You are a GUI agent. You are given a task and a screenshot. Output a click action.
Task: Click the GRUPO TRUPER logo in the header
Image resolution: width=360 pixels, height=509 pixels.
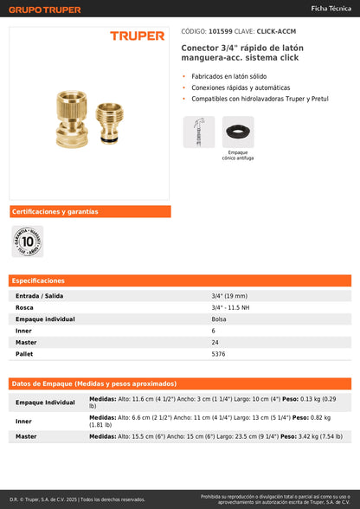[x=46, y=10]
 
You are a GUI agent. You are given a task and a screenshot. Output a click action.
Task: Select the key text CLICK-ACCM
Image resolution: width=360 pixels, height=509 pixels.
[x=276, y=30]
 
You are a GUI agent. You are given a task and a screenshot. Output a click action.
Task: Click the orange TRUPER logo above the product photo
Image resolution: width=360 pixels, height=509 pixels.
[x=137, y=36]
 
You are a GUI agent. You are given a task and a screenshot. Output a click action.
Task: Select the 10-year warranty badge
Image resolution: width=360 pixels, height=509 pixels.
[x=27, y=242]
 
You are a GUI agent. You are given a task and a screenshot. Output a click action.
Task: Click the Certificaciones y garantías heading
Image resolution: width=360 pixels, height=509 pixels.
[x=55, y=211]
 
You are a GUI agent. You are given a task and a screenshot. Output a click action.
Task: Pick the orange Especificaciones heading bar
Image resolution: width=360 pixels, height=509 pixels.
[x=180, y=280]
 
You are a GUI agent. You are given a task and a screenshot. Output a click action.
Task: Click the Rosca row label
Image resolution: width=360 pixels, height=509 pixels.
[x=25, y=307]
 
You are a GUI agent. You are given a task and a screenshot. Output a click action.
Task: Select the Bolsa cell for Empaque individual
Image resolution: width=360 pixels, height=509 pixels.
[x=219, y=319]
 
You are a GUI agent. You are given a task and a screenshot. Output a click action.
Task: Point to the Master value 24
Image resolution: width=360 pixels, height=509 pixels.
[x=215, y=342]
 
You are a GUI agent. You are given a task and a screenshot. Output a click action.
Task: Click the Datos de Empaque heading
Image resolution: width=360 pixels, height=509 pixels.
[x=94, y=383]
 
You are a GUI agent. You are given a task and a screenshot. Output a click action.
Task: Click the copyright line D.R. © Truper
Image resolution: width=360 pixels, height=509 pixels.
[x=78, y=499]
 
